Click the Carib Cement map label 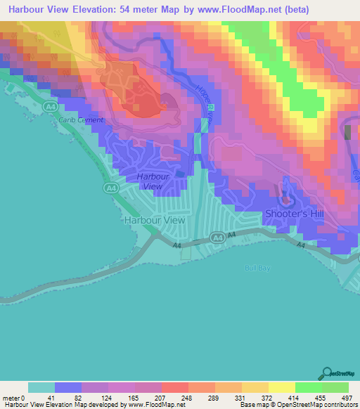coord(81,120)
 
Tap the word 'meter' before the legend coord(11,397)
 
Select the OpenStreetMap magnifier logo coord(328,372)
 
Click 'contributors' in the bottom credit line coord(338,405)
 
